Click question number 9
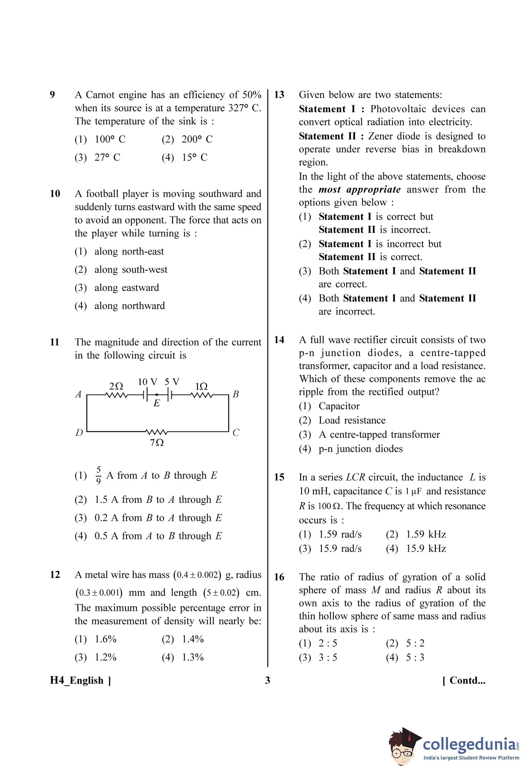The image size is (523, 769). pyautogui.click(x=52, y=95)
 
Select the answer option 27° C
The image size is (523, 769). pyautogui.click(x=107, y=157)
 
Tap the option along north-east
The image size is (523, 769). pyautogui.click(x=129, y=251)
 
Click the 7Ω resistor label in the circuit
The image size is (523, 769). pyautogui.click(x=157, y=442)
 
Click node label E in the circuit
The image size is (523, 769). pyautogui.click(x=157, y=403)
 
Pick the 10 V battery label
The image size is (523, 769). pyautogui.click(x=147, y=381)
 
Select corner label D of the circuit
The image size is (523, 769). pyautogui.click(x=79, y=432)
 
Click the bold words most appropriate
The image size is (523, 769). pyautogui.click(x=359, y=189)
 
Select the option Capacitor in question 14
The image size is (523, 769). pyautogui.click(x=339, y=406)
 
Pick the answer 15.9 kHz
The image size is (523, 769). pyautogui.click(x=426, y=548)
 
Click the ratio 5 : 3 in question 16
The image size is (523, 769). pyautogui.click(x=415, y=657)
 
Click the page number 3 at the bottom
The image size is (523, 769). pyautogui.click(x=268, y=680)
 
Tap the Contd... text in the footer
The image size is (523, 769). pyautogui.click(x=464, y=680)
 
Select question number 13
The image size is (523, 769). pyautogui.click(x=279, y=95)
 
